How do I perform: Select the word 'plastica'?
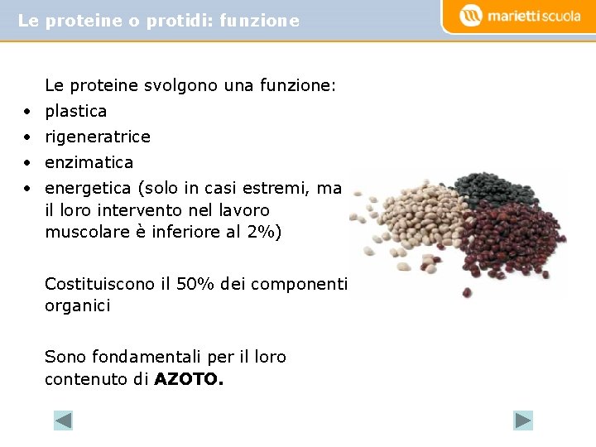(x=75, y=111)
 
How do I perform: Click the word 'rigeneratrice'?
(x=98, y=137)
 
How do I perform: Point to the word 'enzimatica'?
(x=89, y=162)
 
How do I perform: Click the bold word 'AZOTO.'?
(x=189, y=380)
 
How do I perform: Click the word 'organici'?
(x=77, y=305)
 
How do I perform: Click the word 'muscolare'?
(x=84, y=232)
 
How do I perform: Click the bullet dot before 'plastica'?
(x=27, y=111)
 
